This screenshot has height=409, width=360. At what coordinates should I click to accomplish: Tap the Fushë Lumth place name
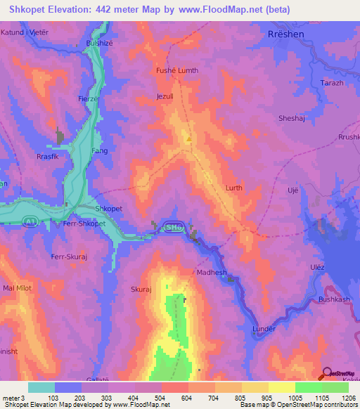click(x=176, y=71)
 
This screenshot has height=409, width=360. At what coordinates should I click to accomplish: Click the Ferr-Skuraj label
click(x=68, y=258)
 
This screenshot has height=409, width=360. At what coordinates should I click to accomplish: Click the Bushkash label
click(x=334, y=299)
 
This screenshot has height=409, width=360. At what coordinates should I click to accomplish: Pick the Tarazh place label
click(x=333, y=83)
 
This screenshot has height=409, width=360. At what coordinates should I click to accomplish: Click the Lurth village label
click(x=233, y=188)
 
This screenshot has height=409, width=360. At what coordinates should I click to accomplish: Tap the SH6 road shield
click(x=172, y=226)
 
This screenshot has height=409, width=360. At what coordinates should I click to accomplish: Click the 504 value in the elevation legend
click(x=161, y=398)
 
